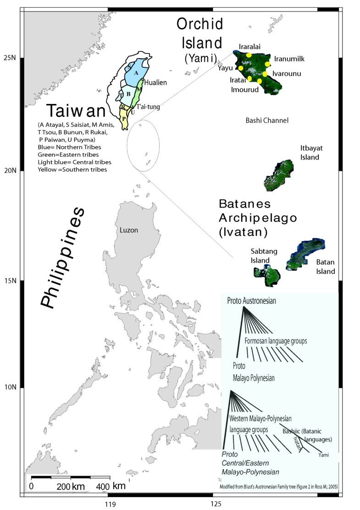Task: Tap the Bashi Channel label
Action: click(x=266, y=121)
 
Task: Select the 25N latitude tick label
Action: click(x=10, y=58)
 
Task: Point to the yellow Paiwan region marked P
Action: click(x=124, y=118)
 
